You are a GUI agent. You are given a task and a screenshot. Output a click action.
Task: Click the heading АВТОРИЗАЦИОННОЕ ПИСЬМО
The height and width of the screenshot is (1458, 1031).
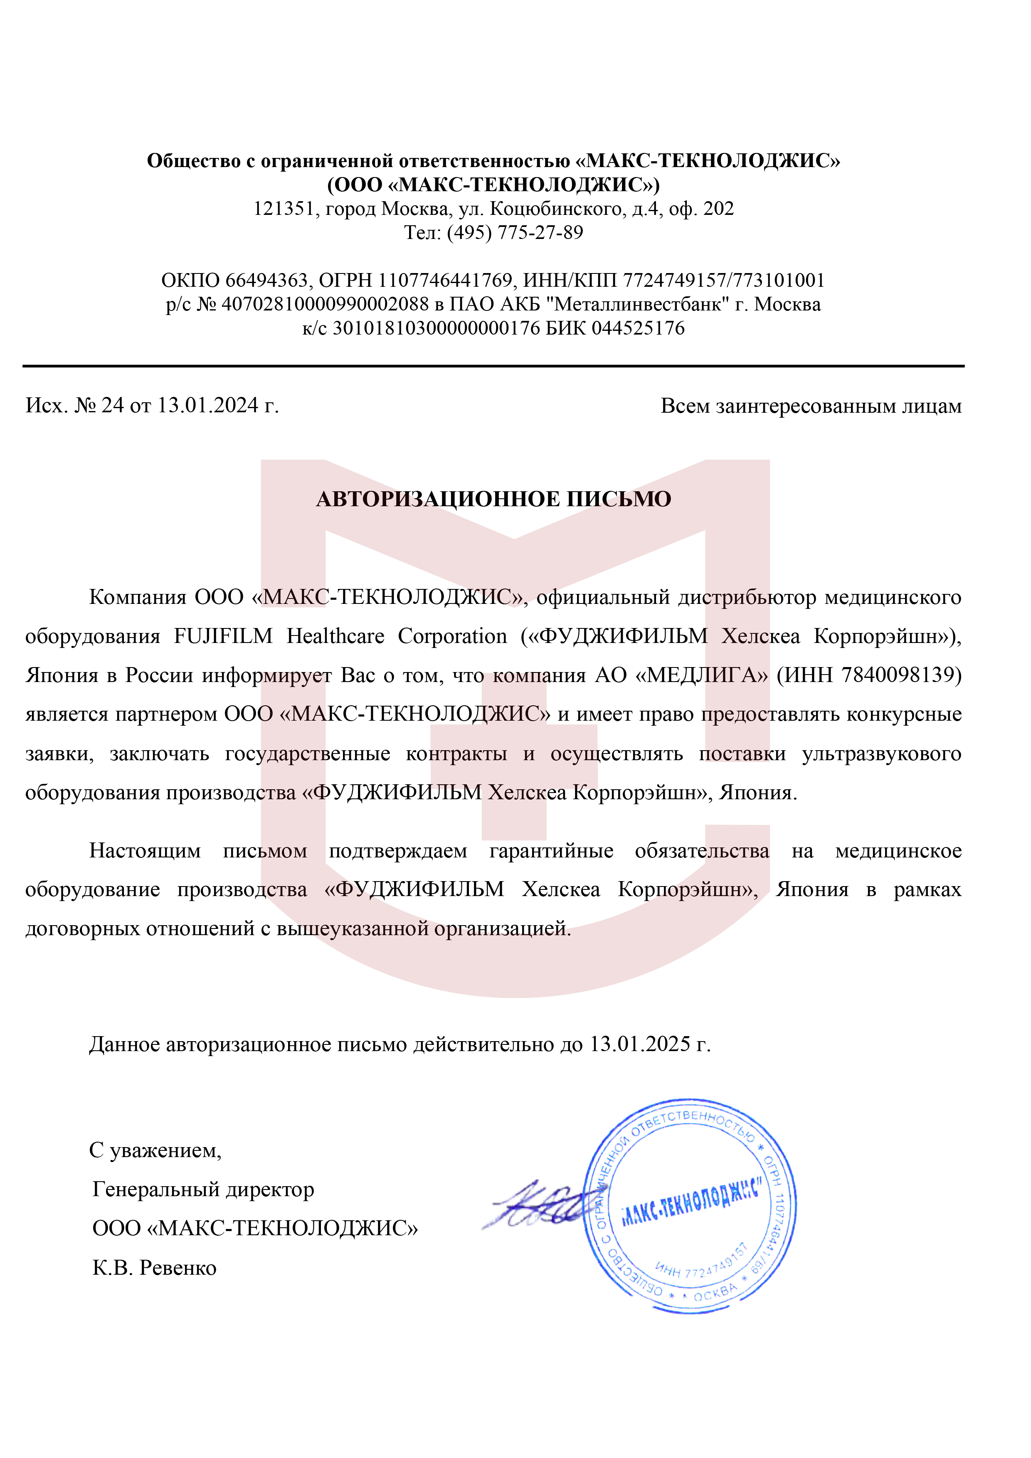tap(493, 499)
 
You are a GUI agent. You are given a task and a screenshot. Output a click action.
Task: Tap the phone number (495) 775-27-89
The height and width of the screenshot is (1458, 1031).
tap(515, 233)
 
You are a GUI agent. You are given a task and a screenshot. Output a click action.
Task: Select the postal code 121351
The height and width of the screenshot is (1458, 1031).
tap(284, 209)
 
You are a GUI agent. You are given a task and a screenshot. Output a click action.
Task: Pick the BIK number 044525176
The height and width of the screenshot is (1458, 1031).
tap(639, 328)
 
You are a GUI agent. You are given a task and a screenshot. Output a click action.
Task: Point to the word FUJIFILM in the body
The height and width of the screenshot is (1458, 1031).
tap(223, 636)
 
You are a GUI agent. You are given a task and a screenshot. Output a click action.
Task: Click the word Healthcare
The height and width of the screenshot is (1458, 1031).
tap(335, 636)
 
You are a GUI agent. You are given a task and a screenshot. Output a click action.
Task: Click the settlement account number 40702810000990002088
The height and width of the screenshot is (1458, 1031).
tap(325, 304)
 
